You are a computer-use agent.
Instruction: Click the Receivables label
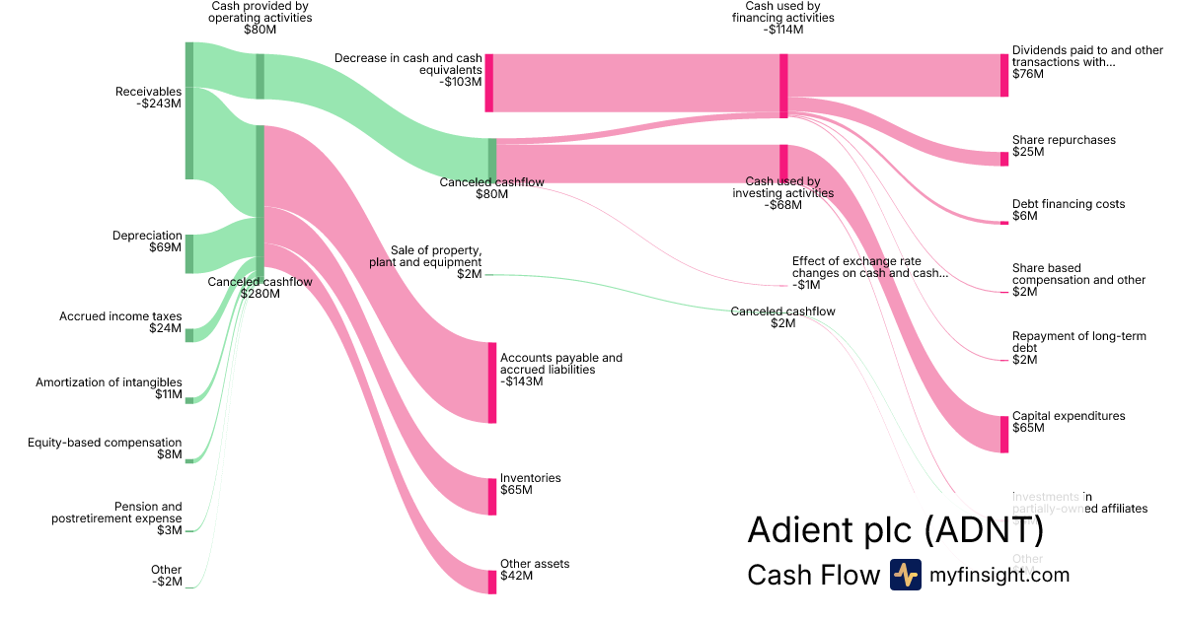pos(148,92)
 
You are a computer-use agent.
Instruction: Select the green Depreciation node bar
pos(189,253)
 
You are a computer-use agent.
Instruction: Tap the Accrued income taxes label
pos(120,316)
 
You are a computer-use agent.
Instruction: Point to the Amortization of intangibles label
pos(109,382)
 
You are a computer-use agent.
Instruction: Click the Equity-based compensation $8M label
pos(105,448)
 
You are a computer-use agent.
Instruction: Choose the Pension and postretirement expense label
pos(116,513)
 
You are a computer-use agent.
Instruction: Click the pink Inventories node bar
pos(491,496)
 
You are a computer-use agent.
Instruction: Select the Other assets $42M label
pos(534,570)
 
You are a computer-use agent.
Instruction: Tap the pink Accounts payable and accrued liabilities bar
pos(491,382)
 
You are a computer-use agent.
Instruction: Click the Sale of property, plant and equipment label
pos(425,256)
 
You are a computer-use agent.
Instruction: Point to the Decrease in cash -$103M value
pos(462,82)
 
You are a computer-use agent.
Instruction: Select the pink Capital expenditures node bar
pos(1004,434)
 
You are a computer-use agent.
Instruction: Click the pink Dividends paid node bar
pos(1004,75)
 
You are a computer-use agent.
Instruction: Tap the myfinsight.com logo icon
pos(905,575)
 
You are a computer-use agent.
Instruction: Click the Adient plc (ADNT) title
pos(895,529)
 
